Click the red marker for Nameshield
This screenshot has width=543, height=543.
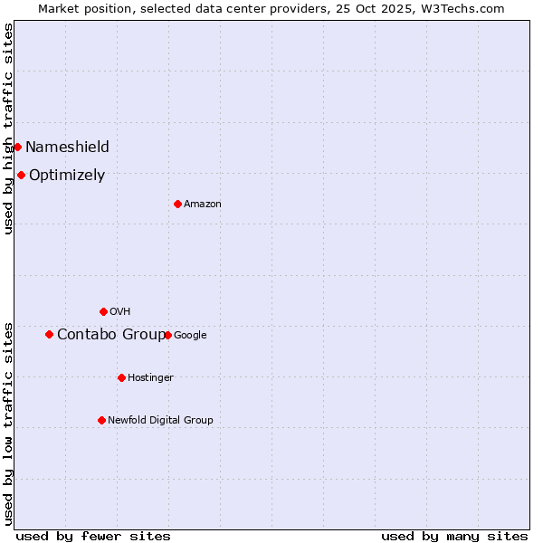coord(17,147)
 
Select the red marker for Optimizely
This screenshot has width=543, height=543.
coord(21,175)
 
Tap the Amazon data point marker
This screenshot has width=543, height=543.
coord(177,204)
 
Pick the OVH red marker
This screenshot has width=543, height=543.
coord(103,311)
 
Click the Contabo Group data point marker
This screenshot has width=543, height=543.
coord(49,334)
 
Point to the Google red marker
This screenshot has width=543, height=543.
coord(167,335)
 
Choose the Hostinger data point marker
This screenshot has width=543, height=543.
coord(121,377)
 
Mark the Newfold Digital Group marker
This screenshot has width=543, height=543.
coord(101,420)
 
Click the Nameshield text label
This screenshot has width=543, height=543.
coord(67,147)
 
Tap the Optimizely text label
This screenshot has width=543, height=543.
coord(67,175)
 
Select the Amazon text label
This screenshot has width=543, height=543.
coord(203,204)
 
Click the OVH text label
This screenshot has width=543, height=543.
coord(120,311)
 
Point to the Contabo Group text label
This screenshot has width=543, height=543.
coord(110,334)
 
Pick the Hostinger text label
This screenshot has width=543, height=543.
coord(150,377)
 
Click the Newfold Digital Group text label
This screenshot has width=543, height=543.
coord(160,420)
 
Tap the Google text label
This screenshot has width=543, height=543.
coord(190,335)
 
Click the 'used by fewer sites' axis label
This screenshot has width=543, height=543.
coord(93,536)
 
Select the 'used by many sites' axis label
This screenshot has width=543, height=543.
coord(454,536)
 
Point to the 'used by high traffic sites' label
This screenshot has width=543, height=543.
coord(8,129)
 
